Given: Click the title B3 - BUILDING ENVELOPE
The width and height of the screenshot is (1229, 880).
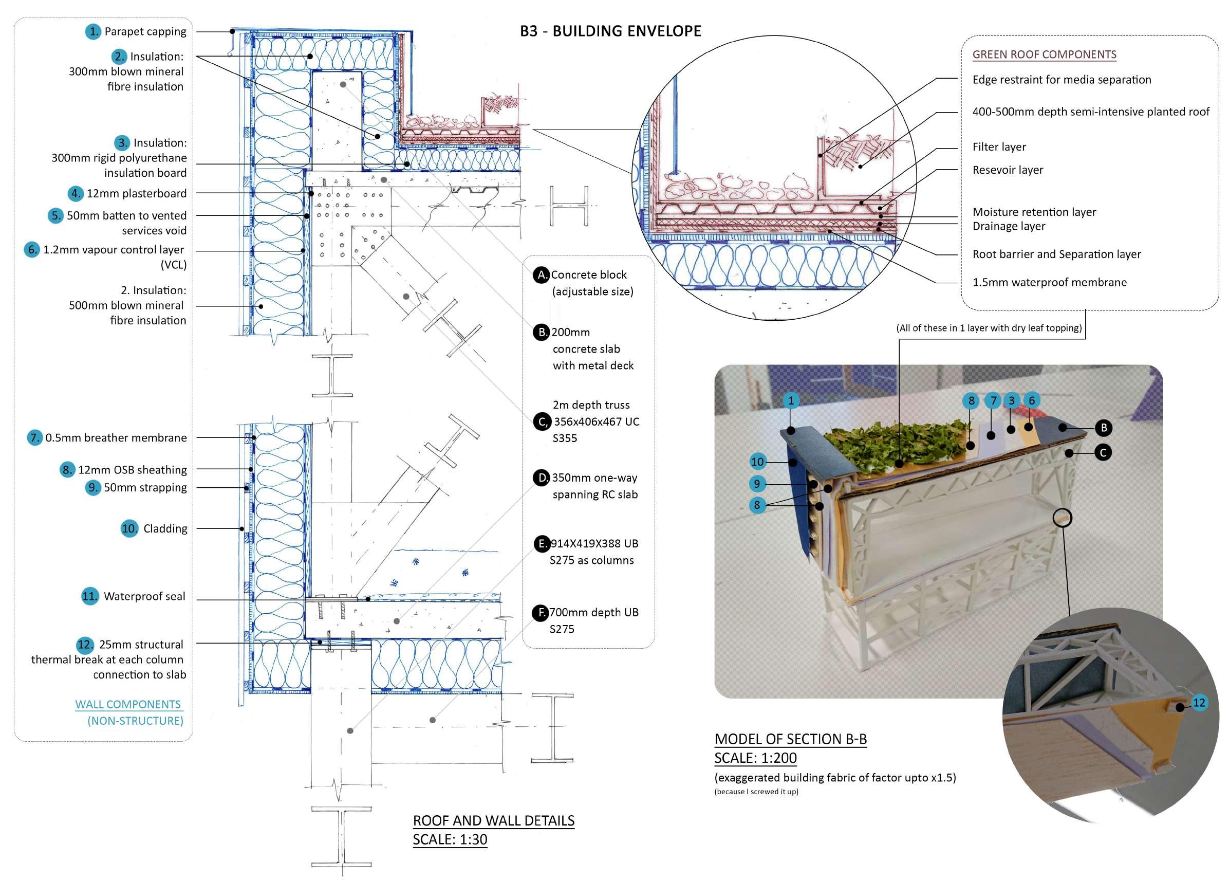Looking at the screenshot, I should pos(610,31).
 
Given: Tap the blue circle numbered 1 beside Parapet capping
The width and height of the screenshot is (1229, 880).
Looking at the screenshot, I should pos(93,31).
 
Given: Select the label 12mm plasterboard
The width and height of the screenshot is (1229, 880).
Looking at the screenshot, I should pos(136,193).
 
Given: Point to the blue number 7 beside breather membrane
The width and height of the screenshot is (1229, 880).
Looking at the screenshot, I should pos(34,437).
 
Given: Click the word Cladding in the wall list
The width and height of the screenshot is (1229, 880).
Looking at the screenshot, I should pos(165,528).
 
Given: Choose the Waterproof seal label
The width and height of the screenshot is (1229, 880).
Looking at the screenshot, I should pos(144,596).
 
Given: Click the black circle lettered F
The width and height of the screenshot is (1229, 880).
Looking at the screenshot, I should pos(541,612).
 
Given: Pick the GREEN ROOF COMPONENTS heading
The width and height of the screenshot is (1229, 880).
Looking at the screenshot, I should pos(1044,54).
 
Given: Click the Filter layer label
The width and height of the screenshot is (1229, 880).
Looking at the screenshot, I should pos(999,147).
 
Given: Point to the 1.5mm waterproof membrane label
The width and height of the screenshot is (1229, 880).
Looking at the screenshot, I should pos(1049,282).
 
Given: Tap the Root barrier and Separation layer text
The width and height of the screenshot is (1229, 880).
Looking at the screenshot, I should pos(1056,254).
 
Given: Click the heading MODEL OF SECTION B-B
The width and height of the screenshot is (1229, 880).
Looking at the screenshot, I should pos(790,739).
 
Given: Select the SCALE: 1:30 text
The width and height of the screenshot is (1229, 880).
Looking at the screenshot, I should pos(450,839).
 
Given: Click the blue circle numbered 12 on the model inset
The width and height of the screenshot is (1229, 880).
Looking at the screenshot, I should pos(1199,703).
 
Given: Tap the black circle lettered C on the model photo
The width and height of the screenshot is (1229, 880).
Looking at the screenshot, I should pos(1103,452).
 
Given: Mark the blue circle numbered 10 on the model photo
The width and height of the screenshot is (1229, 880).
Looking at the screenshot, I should pos(757,462).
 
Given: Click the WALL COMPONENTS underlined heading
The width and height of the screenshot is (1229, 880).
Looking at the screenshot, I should pos(128,704).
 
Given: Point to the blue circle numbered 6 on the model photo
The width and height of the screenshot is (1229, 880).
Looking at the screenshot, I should pos(1031,400).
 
